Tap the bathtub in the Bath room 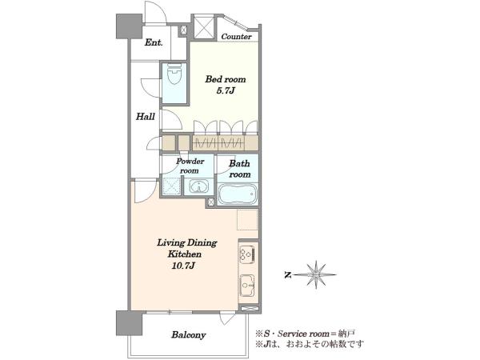coord(238,194)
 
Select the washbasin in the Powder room coord(198,186)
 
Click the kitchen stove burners coord(247,254)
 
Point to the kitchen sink coord(247,285)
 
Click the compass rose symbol coord(317,275)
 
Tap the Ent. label coord(154,42)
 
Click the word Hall coord(146,116)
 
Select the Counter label coord(236,37)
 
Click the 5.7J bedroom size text coord(226,90)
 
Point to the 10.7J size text coord(183,266)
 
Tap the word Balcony coord(188,335)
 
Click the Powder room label coord(190,166)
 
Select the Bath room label coord(240,169)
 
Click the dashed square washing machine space coord(171,186)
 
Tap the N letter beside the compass coord(287,275)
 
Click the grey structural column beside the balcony coord(129,323)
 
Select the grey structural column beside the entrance coord(129,26)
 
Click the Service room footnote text coord(306,333)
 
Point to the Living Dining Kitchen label coord(186,249)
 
